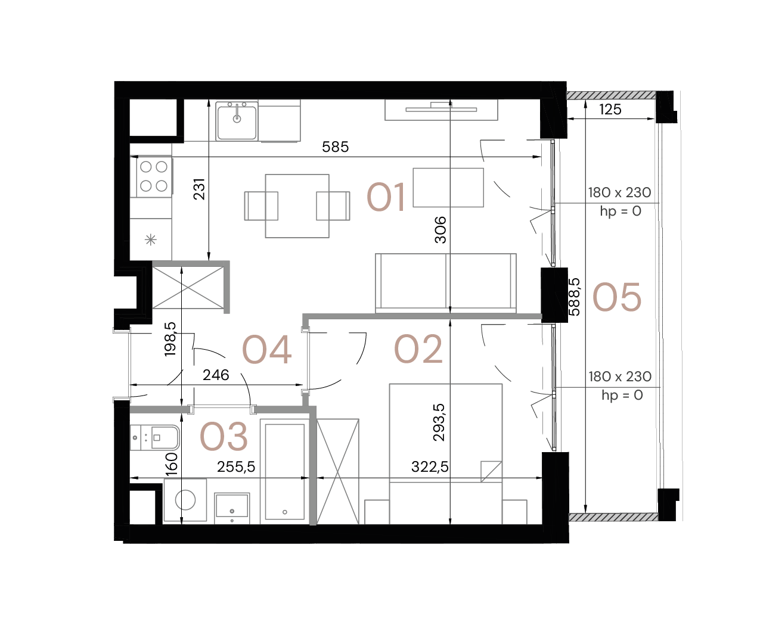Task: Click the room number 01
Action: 386,198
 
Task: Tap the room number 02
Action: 418,350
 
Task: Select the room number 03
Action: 224,437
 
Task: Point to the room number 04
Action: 266,350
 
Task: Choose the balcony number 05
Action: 616,297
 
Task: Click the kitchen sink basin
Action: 237,122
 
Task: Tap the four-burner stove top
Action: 153,176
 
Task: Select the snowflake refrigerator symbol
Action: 151,239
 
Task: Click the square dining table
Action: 297,206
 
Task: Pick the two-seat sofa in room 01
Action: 445,282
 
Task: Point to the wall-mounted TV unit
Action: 441,110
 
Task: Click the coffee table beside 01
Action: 448,187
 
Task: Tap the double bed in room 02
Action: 446,453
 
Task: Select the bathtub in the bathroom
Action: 284,472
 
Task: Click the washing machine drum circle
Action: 185,500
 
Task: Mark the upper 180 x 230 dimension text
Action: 619,192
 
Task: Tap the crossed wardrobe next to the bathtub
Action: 337,472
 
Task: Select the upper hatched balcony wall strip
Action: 611,95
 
